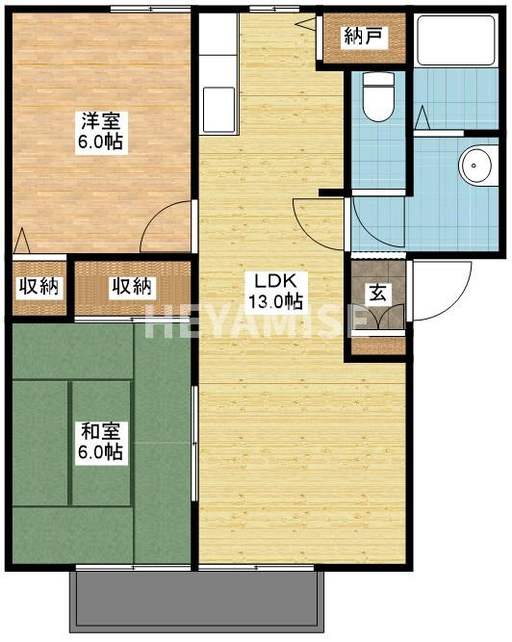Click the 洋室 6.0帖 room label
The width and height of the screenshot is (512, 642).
pyautogui.click(x=101, y=132)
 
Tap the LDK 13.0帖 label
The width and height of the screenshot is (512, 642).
pyautogui.click(x=276, y=291)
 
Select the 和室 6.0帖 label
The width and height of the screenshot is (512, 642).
pyautogui.click(x=100, y=442)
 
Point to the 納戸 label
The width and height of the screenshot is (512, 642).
pyautogui.click(x=364, y=38)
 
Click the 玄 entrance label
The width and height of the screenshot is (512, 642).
pyautogui.click(x=378, y=294)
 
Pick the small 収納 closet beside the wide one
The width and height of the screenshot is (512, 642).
pyautogui.click(x=39, y=287)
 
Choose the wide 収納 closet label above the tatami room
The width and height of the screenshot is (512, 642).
pyautogui.click(x=132, y=287)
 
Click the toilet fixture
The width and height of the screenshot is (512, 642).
pyautogui.click(x=378, y=96)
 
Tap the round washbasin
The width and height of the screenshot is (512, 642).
pyautogui.click(x=474, y=166)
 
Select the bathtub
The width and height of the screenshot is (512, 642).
pyautogui.click(x=456, y=39)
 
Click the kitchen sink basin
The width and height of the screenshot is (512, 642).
pyautogui.click(x=218, y=110)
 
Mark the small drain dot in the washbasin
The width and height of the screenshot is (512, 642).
pyautogui.click(x=474, y=166)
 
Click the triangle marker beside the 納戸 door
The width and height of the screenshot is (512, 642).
pyautogui.click(x=305, y=24)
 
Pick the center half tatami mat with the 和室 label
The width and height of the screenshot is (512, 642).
pyautogui.click(x=101, y=443)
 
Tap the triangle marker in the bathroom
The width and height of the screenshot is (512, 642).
pyautogui.click(x=422, y=117)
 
